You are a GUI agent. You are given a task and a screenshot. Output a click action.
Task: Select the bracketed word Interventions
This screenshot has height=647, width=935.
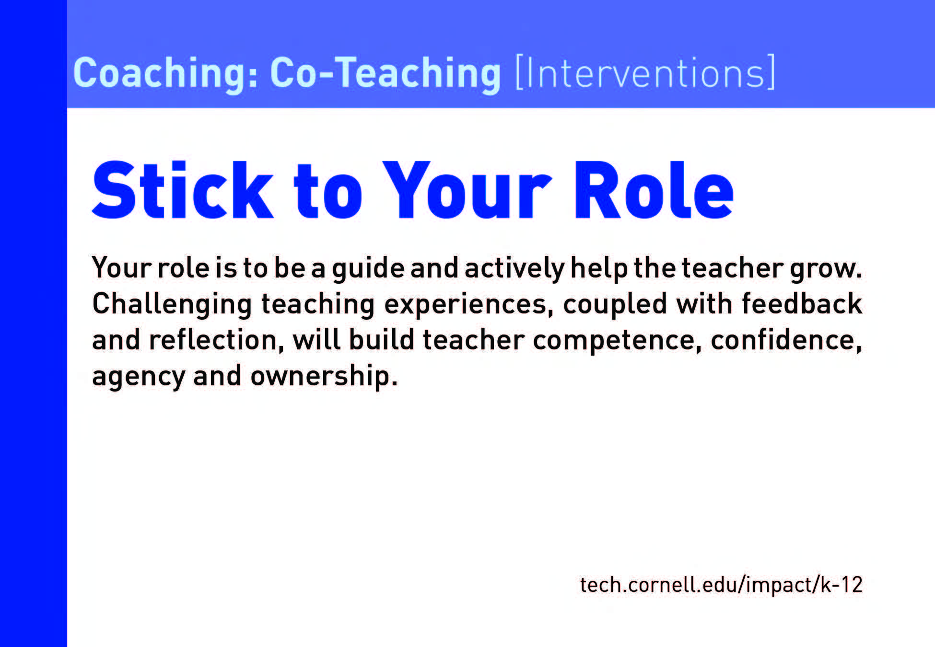[x=645, y=72]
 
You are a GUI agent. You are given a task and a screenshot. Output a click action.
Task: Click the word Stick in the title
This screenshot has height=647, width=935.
[x=183, y=190]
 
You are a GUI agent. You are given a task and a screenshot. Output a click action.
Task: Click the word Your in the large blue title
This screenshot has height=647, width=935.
[x=467, y=190]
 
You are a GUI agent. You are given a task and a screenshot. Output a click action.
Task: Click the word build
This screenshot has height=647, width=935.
[x=382, y=340]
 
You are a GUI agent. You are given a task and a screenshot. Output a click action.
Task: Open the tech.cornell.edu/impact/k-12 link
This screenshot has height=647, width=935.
[x=721, y=585]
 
